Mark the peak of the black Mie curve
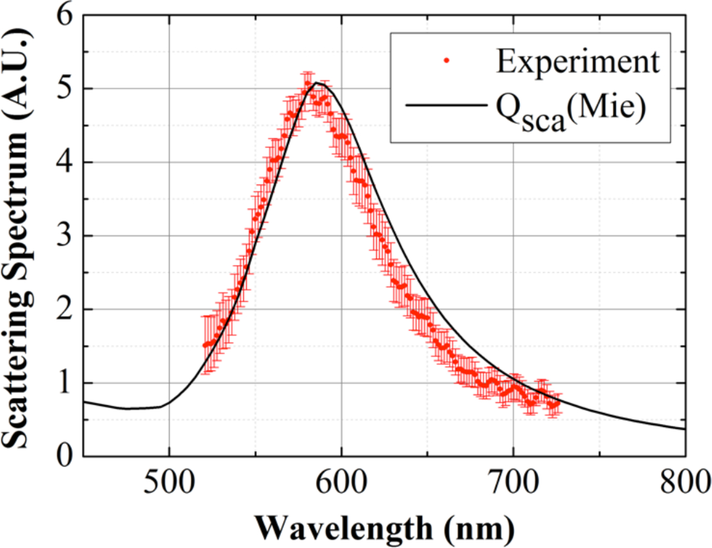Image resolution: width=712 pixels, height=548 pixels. pos(318,83)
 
